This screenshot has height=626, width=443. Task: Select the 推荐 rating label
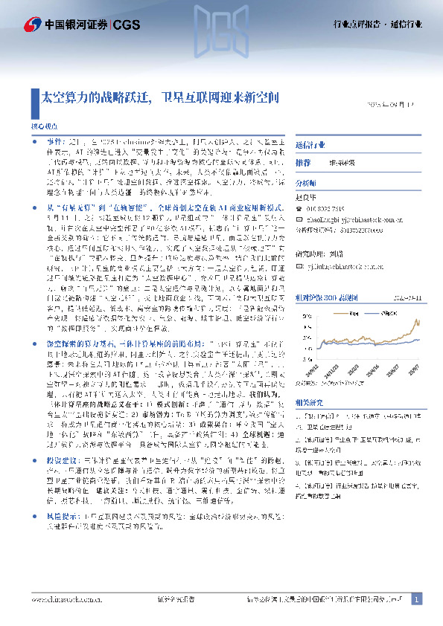click(x=303, y=162)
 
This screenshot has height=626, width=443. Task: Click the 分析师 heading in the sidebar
click(x=306, y=181)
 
